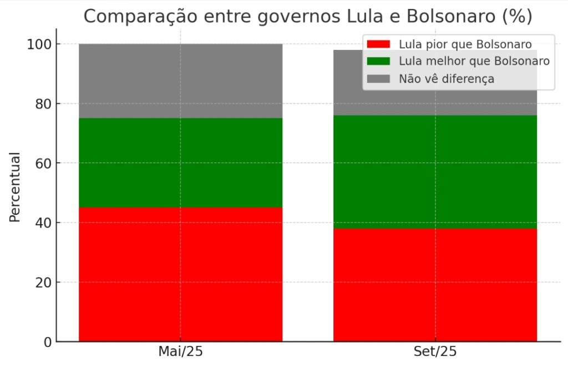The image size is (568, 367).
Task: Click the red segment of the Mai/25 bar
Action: [x=180, y=274]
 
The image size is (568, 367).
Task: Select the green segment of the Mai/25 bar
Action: [x=180, y=163]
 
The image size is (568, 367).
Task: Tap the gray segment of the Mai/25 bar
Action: [x=180, y=81]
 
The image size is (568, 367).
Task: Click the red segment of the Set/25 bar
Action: [x=435, y=285]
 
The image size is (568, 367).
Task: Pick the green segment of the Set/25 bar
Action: [x=435, y=172]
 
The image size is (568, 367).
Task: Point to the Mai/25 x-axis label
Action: [x=180, y=352]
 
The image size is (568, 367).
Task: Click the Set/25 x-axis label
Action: [x=435, y=352]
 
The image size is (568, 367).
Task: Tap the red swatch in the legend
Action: [x=378, y=44]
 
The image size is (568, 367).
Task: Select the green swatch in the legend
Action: [x=378, y=61]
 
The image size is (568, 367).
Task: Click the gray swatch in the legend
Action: [x=378, y=79]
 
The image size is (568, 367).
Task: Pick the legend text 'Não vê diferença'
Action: [x=446, y=79]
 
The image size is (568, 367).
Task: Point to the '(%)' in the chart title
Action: [x=516, y=17]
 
